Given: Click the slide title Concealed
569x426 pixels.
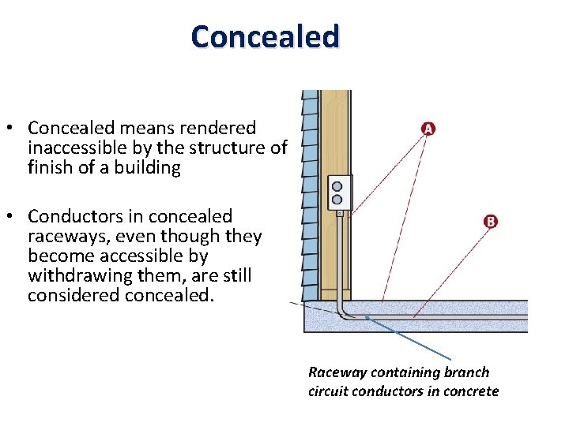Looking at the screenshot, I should [265, 36].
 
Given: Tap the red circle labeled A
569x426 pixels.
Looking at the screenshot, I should [428, 128].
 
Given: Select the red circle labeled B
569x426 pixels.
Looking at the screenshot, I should [490, 222].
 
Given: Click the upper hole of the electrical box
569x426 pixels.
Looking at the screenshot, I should [337, 186].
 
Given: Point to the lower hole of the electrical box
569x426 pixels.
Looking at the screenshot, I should [337, 199].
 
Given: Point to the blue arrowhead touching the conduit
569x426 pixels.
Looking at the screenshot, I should [368, 319].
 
